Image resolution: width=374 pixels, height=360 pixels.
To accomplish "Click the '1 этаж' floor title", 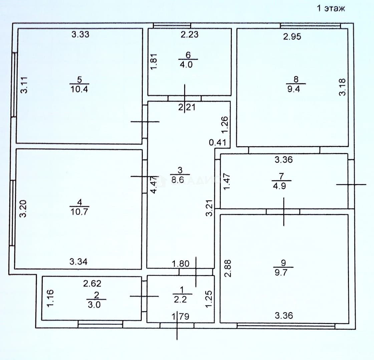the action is click(331, 8).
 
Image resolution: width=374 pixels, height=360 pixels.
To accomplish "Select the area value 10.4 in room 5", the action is click(79, 89).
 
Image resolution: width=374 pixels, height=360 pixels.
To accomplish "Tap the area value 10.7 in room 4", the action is click(79, 212).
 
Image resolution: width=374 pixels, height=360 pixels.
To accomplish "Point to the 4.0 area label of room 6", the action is click(186, 65).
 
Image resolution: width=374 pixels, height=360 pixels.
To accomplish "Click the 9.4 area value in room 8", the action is click(294, 89).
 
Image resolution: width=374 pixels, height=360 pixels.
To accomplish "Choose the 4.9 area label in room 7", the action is click(279, 186).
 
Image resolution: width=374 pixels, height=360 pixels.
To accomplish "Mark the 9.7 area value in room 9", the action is click(281, 272).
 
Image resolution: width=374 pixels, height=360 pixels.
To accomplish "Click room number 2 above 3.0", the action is click(96, 295).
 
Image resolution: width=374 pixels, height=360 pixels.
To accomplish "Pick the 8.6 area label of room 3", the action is click(178, 180).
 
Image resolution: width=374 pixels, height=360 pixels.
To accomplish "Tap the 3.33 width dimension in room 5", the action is click(80, 34).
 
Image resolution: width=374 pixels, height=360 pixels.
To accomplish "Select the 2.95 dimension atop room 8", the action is click(292, 36).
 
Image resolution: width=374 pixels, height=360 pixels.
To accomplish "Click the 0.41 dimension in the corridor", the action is click(217, 142).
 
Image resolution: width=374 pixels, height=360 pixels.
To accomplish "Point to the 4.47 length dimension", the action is click(154, 185).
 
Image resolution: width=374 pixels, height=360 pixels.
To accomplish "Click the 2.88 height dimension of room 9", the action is click(228, 268).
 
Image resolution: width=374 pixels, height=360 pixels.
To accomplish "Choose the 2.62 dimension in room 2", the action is click(92, 283).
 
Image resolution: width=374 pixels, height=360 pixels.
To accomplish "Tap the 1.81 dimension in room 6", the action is click(154, 61).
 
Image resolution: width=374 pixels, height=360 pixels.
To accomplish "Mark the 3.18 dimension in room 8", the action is click(342, 87).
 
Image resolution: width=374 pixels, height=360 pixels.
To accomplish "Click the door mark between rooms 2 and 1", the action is click(144, 296).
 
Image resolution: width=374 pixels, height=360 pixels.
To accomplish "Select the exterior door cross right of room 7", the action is click(351, 184).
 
